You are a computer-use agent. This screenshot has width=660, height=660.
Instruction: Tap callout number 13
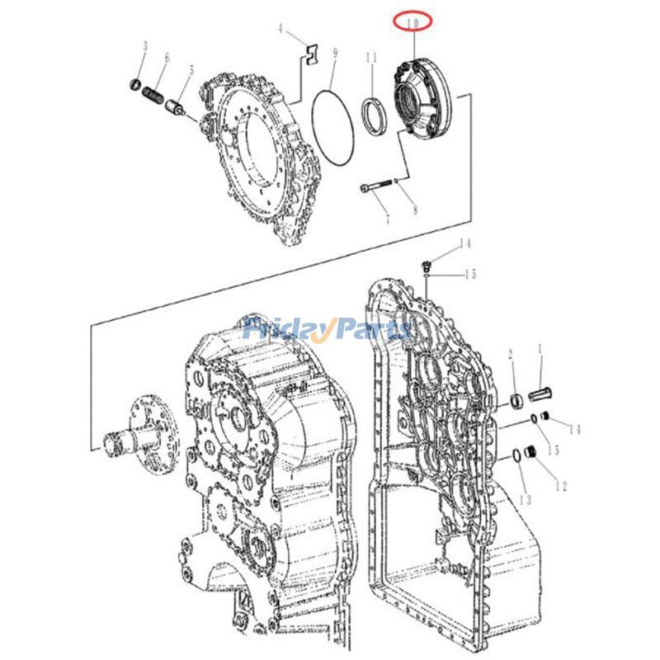pos(526,500)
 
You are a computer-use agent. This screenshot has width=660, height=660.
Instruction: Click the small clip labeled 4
pos(308,53)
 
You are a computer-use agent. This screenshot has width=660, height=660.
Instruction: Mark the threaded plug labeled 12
pos(533,453)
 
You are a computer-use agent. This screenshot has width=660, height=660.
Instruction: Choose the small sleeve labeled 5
pos(176,108)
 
